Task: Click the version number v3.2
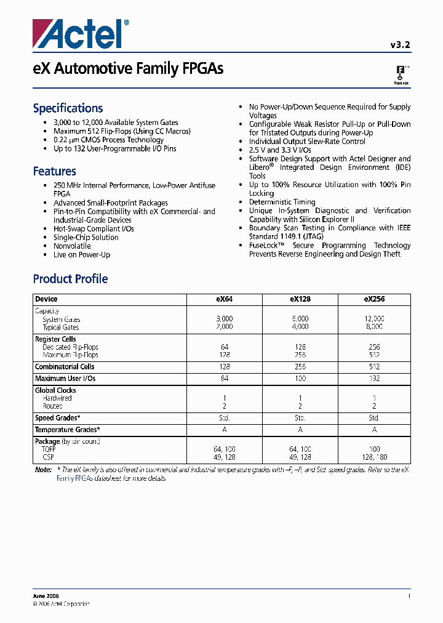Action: point(400,44)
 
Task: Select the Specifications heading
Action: point(68,108)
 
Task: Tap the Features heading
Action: point(54,171)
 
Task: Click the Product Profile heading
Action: point(70,279)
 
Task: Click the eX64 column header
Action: point(224,299)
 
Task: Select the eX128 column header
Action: point(300,299)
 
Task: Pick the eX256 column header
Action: point(374,299)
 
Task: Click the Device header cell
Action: point(46,299)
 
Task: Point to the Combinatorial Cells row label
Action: point(64,367)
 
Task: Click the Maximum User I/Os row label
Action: point(65,378)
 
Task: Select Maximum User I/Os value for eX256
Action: point(374,378)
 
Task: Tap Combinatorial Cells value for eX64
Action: point(224,367)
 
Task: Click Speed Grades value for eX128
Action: point(300,417)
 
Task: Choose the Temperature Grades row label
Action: point(67,430)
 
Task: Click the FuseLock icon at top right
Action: point(401,74)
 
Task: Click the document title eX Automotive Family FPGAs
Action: point(128,69)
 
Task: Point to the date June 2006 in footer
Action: point(47,596)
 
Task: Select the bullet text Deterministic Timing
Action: point(282,202)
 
